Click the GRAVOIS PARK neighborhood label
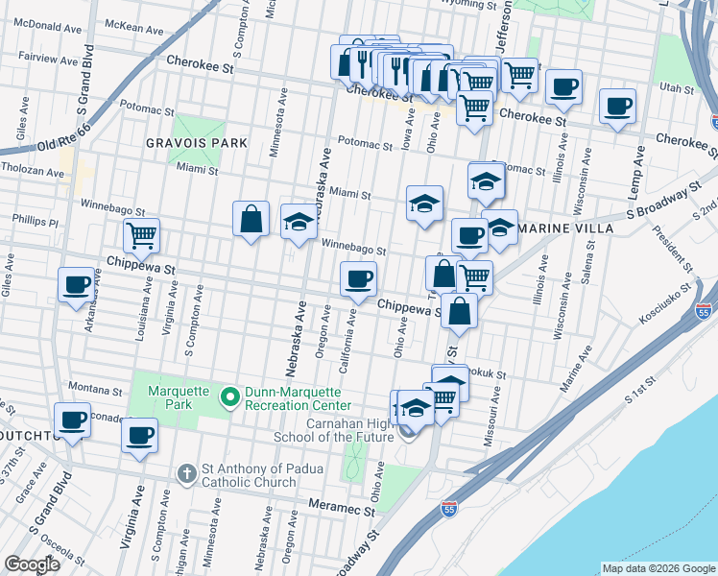point(196,142)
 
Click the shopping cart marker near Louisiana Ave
point(141,234)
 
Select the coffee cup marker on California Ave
point(359,279)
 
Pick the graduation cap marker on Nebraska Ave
point(299,221)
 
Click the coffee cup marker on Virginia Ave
point(139,435)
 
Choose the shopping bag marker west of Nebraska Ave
point(251,218)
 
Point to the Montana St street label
point(94,392)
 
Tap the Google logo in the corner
point(32,564)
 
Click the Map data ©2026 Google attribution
point(658,568)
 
